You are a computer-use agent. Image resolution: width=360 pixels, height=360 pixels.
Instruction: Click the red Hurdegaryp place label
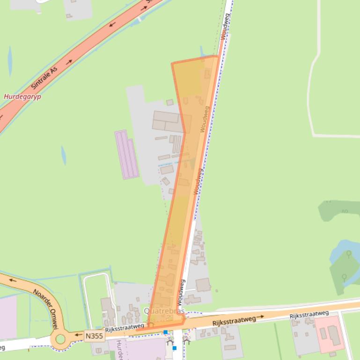coord(22,97)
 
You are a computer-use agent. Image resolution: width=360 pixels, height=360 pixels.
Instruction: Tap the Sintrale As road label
coord(44,78)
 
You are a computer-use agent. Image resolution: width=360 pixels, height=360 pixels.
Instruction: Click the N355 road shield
coord(94,336)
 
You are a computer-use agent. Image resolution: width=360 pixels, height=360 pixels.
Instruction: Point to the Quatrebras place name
coord(164,311)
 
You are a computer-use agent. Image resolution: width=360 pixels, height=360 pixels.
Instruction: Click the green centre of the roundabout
coord(60,339)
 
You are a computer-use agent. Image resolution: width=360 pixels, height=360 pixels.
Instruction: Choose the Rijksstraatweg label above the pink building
coord(309,315)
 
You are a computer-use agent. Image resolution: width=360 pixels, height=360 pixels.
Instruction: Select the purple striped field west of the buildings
coord(126,154)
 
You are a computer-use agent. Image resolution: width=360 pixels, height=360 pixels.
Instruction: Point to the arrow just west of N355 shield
coord(78,335)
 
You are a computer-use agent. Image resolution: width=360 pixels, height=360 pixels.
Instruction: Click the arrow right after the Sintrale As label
coord(69,62)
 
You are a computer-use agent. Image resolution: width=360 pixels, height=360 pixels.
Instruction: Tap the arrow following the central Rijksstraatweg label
coord(260,317)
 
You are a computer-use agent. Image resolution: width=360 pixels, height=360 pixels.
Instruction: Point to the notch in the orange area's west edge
coord(184,132)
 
